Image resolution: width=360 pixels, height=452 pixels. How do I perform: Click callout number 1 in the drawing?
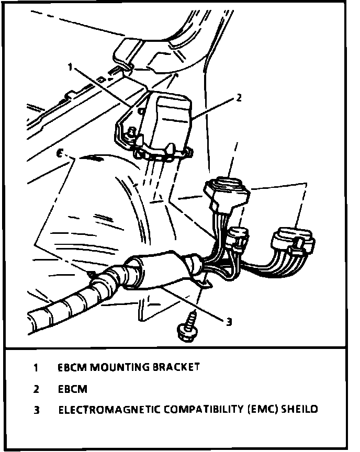(x=69, y=67)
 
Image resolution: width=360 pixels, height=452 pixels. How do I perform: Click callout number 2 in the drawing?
(x=239, y=97)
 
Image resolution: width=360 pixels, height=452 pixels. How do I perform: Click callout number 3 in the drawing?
(x=228, y=321)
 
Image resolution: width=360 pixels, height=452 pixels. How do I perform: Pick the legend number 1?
(x=36, y=367)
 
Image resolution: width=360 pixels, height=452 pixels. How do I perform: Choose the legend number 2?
(x=36, y=389)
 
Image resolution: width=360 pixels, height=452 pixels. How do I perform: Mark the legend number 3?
(x=36, y=410)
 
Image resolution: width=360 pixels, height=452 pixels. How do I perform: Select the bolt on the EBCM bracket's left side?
(x=132, y=133)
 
